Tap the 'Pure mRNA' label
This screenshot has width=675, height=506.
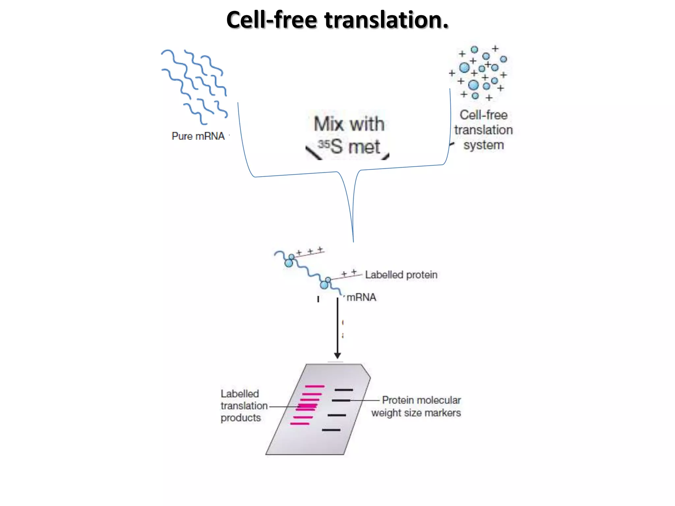[x=198, y=136]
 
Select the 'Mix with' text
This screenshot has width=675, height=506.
[x=349, y=124]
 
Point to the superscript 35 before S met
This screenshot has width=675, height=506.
[x=324, y=144]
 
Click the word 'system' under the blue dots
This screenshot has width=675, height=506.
[x=484, y=145]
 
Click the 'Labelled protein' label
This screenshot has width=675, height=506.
[x=401, y=275]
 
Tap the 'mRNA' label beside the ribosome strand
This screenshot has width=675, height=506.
[x=361, y=297]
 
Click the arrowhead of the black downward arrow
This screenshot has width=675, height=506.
[x=337, y=356]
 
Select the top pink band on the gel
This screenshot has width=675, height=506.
[x=315, y=386]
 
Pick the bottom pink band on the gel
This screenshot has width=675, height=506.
[x=300, y=424]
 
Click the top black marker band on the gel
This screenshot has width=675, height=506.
[x=344, y=390]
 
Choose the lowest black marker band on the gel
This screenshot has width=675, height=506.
[x=331, y=430]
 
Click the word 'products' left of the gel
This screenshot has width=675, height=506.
[x=241, y=418]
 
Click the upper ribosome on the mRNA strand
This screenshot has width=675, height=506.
[x=289, y=261]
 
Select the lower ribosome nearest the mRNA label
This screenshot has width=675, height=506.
[x=325, y=284]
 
